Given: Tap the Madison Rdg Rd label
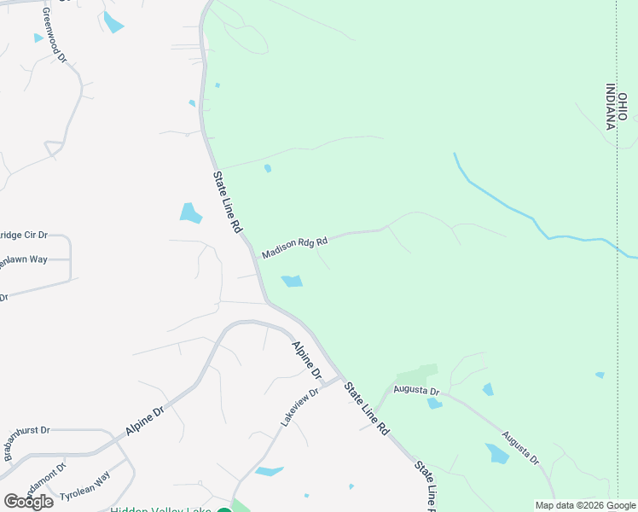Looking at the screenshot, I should point(294,248).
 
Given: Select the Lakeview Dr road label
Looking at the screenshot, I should point(299,408).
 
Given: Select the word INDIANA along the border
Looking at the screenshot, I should point(611,106).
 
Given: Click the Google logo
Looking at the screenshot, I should point(29,501).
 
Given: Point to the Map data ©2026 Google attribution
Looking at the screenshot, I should point(584,505).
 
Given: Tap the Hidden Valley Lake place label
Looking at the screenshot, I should point(160,509).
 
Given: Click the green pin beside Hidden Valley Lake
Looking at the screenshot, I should point(223,510).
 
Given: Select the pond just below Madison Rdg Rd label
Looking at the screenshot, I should point(293,281).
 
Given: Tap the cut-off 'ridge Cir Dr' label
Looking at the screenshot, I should point(23,235).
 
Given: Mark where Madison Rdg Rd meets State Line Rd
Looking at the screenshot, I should point(255,257).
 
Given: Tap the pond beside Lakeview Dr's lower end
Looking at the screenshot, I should point(269,470).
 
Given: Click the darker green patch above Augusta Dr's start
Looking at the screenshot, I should point(417,375).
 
